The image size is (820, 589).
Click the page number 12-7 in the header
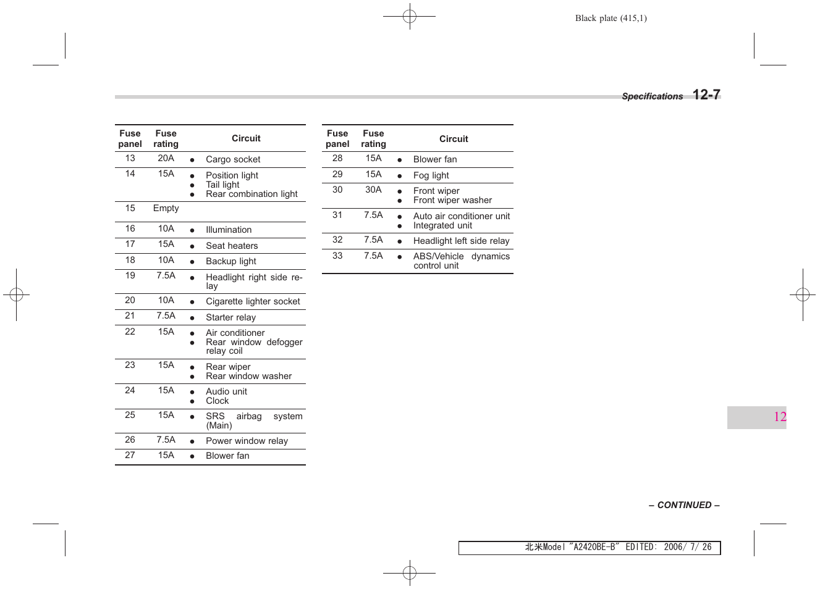(x=706, y=94)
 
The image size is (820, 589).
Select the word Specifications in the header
(x=652, y=96)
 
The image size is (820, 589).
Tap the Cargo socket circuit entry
(x=233, y=159)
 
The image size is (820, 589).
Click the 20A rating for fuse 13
(x=166, y=158)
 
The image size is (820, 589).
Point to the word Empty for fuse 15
(x=166, y=208)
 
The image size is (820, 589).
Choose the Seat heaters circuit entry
(x=232, y=246)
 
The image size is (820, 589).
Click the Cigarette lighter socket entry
(x=253, y=301)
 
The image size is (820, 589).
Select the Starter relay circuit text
(x=230, y=317)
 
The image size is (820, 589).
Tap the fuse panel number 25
(x=130, y=415)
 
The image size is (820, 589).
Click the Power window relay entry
(x=247, y=441)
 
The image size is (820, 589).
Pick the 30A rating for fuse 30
(x=373, y=190)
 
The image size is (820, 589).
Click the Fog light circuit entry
(x=431, y=175)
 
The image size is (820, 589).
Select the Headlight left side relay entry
(x=461, y=241)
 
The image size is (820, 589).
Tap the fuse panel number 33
(x=337, y=256)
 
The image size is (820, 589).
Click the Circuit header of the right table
(x=454, y=139)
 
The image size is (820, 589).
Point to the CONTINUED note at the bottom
(x=684, y=505)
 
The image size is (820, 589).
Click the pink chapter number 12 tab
(x=780, y=417)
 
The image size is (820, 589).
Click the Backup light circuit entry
(x=231, y=261)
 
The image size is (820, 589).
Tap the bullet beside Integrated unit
(x=400, y=226)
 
